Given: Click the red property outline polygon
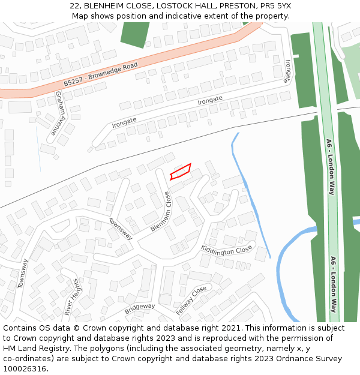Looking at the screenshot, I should (181, 172).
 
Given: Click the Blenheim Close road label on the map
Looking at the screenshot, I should (161, 212).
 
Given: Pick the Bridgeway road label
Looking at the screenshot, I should (139, 309).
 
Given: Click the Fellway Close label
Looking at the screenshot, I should (191, 301).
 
